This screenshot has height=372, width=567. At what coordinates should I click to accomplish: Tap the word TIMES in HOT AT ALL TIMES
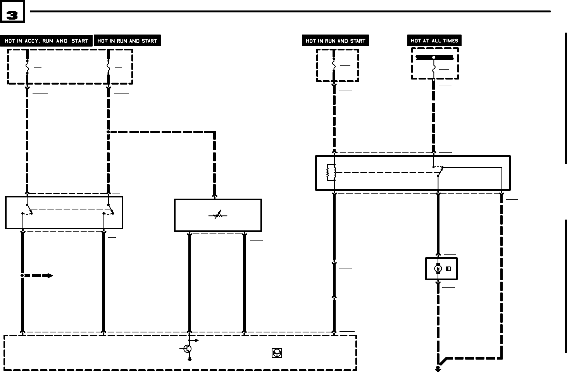click(449, 40)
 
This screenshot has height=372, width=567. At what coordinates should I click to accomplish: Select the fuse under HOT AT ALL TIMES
click(434, 69)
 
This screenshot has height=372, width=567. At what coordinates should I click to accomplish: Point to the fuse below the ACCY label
click(27, 67)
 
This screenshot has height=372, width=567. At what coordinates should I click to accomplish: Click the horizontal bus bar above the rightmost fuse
click(434, 57)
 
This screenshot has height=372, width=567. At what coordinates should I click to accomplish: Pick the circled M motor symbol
click(438, 268)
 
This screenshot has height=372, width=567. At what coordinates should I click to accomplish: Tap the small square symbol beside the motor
click(448, 268)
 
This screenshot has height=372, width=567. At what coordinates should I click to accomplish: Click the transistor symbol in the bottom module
click(188, 349)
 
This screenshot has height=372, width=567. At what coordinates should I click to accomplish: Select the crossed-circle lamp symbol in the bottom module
click(277, 353)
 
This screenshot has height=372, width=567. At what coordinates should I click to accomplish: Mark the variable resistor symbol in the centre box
click(218, 215)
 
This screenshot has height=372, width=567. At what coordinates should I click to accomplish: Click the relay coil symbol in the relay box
click(331, 172)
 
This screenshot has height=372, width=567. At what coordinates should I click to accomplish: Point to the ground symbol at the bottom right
click(438, 369)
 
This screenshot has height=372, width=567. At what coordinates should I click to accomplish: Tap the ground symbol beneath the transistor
click(190, 359)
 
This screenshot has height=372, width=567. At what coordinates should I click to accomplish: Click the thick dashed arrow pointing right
click(39, 275)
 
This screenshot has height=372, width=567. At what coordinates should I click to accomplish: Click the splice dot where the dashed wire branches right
click(108, 132)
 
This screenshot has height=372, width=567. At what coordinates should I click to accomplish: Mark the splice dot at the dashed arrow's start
click(22, 275)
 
